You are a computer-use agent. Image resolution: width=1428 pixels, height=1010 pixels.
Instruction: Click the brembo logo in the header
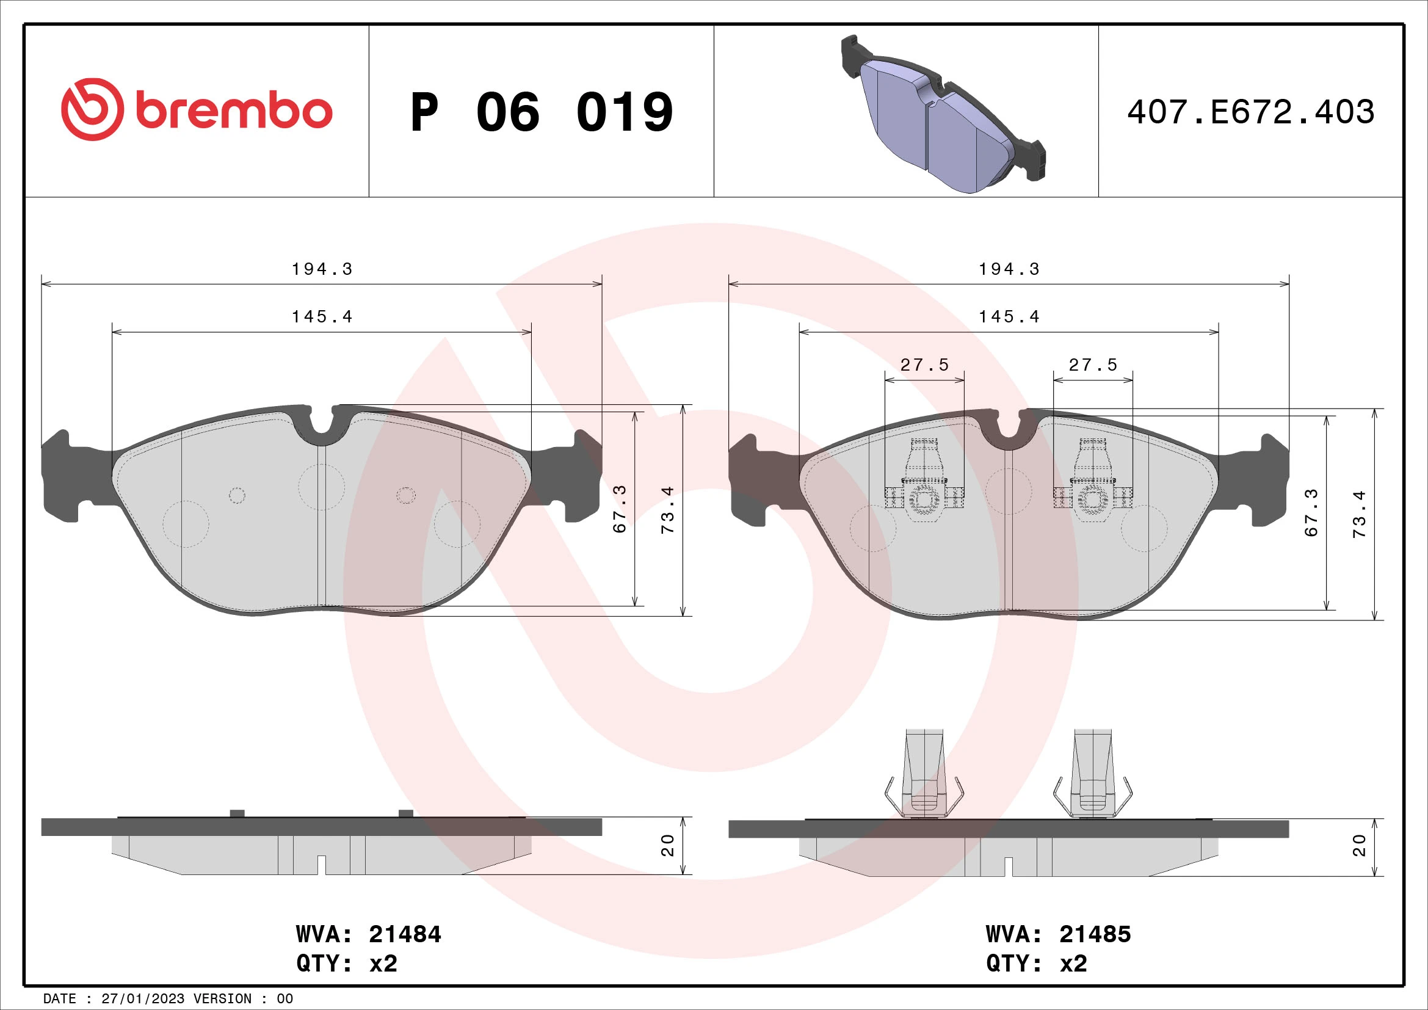[x=197, y=110]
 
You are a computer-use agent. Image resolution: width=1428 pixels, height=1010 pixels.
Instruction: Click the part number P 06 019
[x=541, y=112]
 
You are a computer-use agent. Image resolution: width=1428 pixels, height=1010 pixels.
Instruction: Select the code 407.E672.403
[x=1250, y=112]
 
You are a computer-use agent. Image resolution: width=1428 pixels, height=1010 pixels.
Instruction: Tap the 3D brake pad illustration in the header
[x=942, y=115]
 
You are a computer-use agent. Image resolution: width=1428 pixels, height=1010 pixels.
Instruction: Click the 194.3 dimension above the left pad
[x=322, y=269]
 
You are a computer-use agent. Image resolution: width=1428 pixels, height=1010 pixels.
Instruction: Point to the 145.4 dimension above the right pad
[x=1009, y=317]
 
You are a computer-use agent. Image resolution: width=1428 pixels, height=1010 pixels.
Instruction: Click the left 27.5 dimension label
[x=924, y=365]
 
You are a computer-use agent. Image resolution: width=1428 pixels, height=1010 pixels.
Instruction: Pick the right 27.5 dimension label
[x=1093, y=365]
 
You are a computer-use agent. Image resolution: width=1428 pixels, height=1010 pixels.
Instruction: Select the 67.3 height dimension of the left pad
[x=620, y=509]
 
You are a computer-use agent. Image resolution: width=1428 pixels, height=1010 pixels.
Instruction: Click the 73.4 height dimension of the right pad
[x=1359, y=514]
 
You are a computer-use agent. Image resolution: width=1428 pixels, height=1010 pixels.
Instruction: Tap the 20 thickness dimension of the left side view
[x=667, y=845]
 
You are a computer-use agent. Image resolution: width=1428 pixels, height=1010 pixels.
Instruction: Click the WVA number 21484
[x=405, y=934]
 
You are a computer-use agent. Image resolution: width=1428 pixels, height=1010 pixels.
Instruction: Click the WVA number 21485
[x=1095, y=934]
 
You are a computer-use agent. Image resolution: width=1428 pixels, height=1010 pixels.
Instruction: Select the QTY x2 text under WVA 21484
[x=346, y=964]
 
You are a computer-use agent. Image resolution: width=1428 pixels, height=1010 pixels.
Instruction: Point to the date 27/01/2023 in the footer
[x=142, y=999]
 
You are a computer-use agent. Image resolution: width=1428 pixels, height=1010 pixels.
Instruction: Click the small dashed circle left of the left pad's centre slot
[x=237, y=496]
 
